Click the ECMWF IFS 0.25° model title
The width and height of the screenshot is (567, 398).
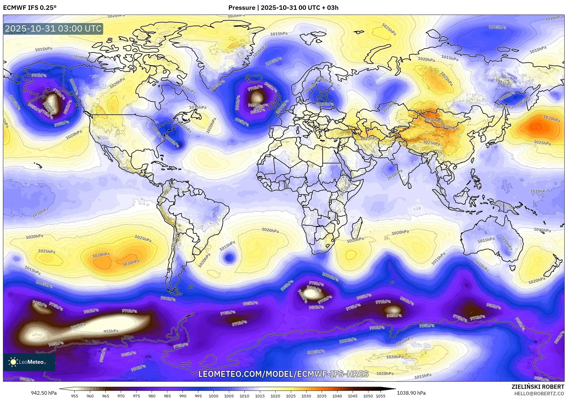30,8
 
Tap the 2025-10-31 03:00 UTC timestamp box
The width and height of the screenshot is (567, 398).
53,29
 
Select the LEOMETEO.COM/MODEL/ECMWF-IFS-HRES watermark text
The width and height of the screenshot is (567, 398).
283,374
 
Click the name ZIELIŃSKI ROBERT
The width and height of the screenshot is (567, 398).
538,387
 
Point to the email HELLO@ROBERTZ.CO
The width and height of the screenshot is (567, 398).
539,394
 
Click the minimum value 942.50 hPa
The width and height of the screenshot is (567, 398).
44,393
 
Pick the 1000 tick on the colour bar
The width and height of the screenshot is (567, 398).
213,396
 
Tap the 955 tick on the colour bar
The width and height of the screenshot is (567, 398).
75,396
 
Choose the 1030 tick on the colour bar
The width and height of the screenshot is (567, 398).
306,396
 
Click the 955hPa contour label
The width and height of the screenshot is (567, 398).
111,331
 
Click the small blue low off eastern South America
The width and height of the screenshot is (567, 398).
228,257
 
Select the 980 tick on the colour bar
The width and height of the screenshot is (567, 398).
152,396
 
